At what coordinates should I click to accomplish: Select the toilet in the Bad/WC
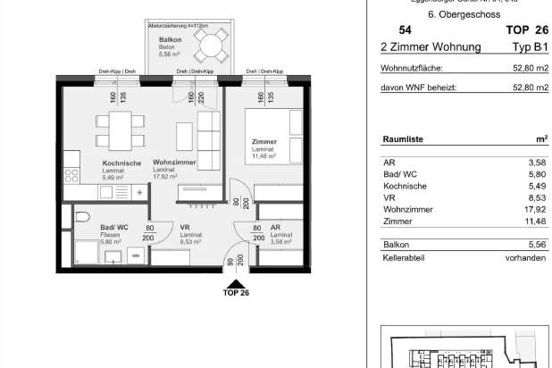click(81, 217)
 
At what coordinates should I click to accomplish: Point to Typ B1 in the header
click(531, 46)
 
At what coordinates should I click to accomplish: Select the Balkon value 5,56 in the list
click(536, 244)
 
